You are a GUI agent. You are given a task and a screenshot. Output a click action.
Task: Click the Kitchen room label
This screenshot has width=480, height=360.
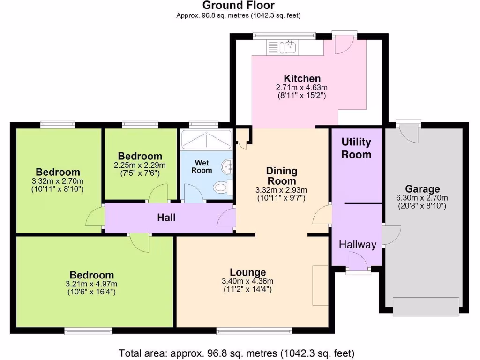point(302,78)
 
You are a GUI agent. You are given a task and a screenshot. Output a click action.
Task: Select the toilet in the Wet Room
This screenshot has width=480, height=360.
point(221,187)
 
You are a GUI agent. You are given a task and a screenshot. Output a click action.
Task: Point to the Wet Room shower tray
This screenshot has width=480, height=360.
point(206,139)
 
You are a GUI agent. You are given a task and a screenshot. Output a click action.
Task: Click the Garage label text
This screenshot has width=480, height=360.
point(422,189)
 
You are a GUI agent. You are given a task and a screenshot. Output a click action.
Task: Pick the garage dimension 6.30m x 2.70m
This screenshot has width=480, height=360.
point(422,198)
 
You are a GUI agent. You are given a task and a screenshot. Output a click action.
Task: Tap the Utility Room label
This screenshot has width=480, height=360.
point(356,148)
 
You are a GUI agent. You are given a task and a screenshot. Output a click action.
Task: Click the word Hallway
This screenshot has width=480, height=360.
point(358,244)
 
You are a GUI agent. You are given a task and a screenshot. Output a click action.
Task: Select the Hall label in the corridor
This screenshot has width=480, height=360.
point(166,217)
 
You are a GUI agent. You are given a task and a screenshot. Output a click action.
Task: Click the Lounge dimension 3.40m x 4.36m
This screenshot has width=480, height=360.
point(247,281)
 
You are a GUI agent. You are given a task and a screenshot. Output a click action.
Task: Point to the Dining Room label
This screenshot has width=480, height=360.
point(281,176)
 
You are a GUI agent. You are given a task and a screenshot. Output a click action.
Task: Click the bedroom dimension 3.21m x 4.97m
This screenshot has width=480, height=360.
point(92,284)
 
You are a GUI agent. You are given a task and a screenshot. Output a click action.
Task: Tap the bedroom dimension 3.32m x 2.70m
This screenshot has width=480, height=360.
point(58,181)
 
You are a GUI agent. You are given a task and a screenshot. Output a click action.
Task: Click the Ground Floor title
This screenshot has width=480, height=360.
point(238,6)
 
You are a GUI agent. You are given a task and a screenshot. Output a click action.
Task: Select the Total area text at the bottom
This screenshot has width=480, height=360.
point(236,352)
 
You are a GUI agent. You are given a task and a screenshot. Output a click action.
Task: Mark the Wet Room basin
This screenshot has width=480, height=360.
point(228,166)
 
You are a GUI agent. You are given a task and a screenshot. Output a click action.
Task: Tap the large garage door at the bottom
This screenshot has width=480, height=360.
point(426,307)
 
